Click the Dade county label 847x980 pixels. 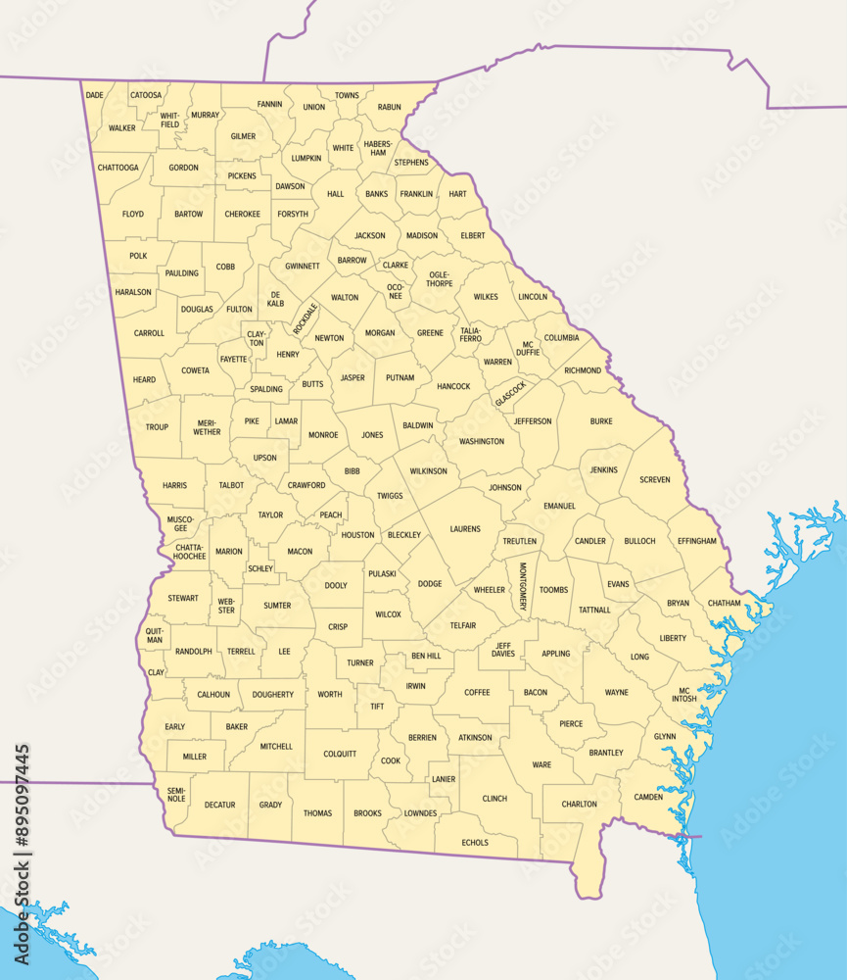point(95,95)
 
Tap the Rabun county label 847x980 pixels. point(389,107)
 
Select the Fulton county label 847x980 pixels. point(239,309)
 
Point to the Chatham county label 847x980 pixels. point(724,603)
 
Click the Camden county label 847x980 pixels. point(648,797)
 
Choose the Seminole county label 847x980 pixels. point(176,795)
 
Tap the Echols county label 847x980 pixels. point(475,842)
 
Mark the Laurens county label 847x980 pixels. point(465,529)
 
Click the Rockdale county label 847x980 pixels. point(306,318)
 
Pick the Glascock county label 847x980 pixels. point(510,394)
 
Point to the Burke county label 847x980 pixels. point(601,421)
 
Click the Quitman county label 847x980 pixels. point(155,635)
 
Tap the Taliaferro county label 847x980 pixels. point(471,334)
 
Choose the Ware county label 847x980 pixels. point(541,764)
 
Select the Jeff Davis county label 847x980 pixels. point(503,649)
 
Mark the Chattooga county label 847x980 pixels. point(118,168)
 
